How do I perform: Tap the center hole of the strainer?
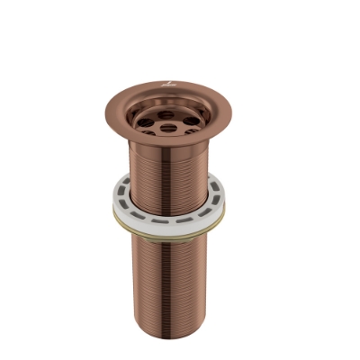(x=167, y=115)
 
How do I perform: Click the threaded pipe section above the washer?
(x=167, y=166)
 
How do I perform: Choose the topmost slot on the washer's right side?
(x=217, y=191)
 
